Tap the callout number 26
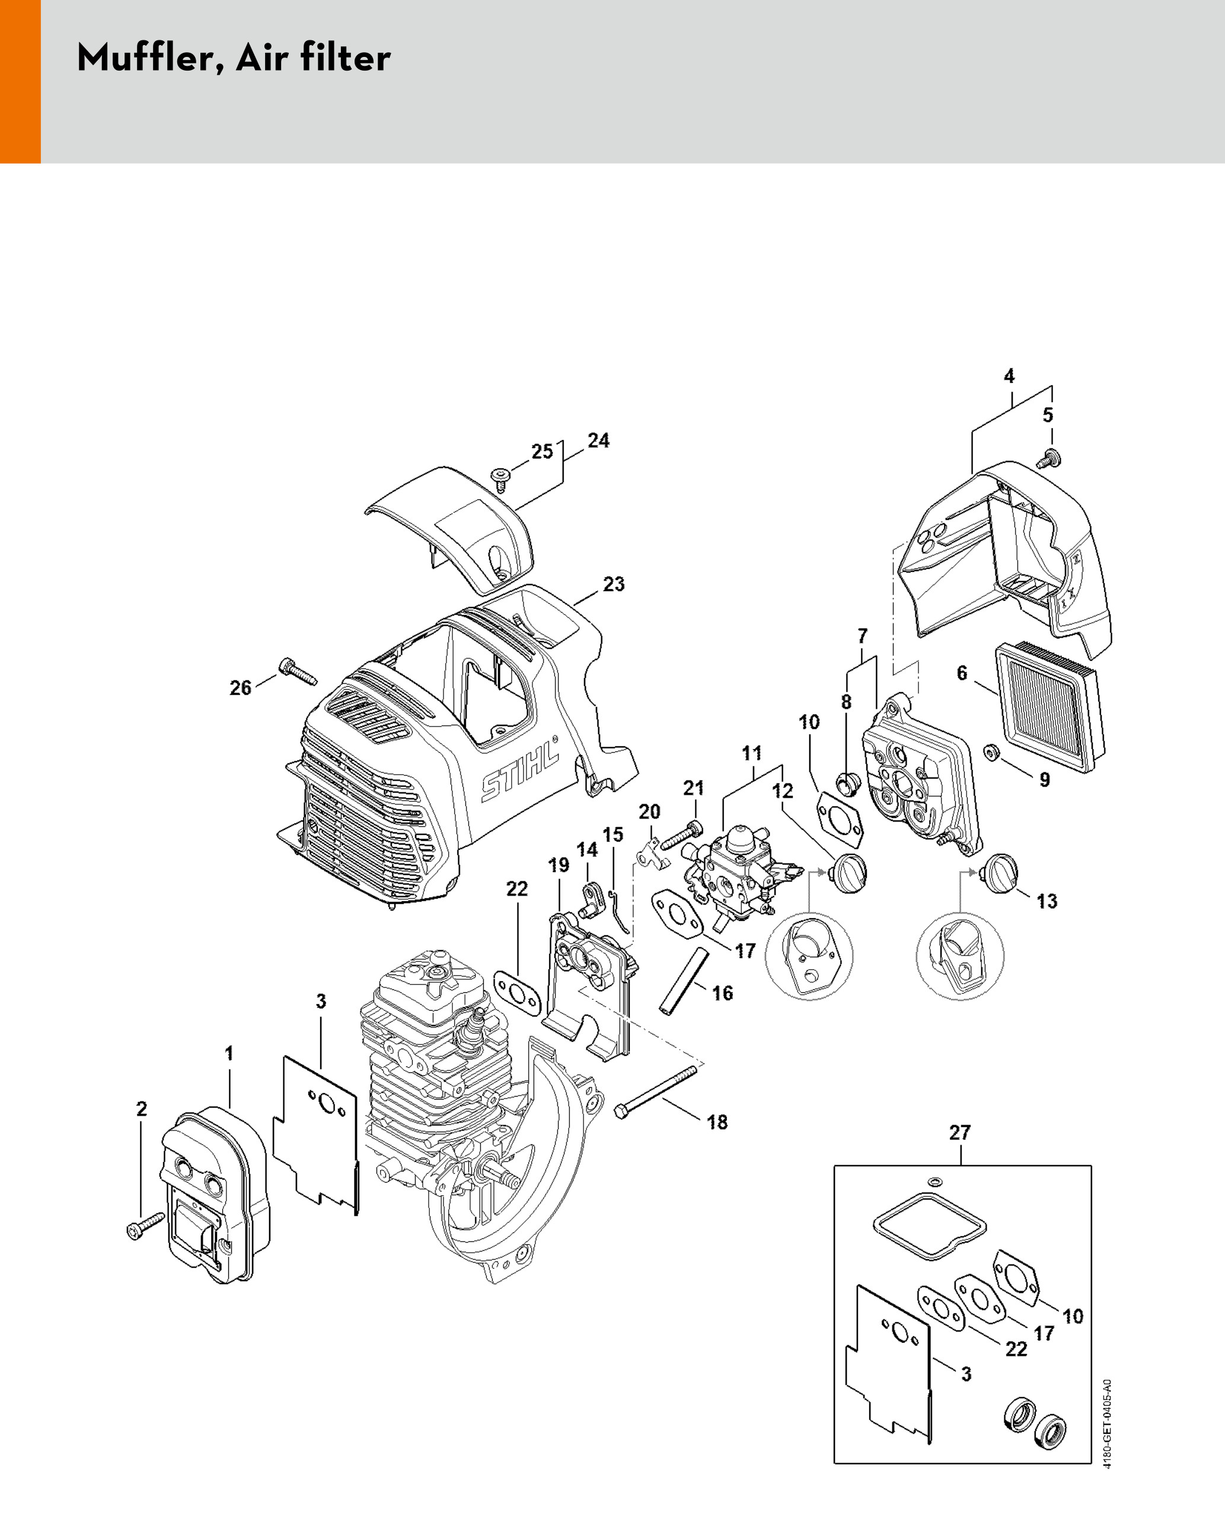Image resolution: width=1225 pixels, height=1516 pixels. (241, 687)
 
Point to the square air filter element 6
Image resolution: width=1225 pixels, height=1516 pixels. (1050, 710)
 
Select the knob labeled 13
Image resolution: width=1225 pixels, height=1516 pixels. (998, 873)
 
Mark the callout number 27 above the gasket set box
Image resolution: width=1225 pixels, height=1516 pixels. (960, 1133)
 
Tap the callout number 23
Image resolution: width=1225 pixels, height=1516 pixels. (613, 584)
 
